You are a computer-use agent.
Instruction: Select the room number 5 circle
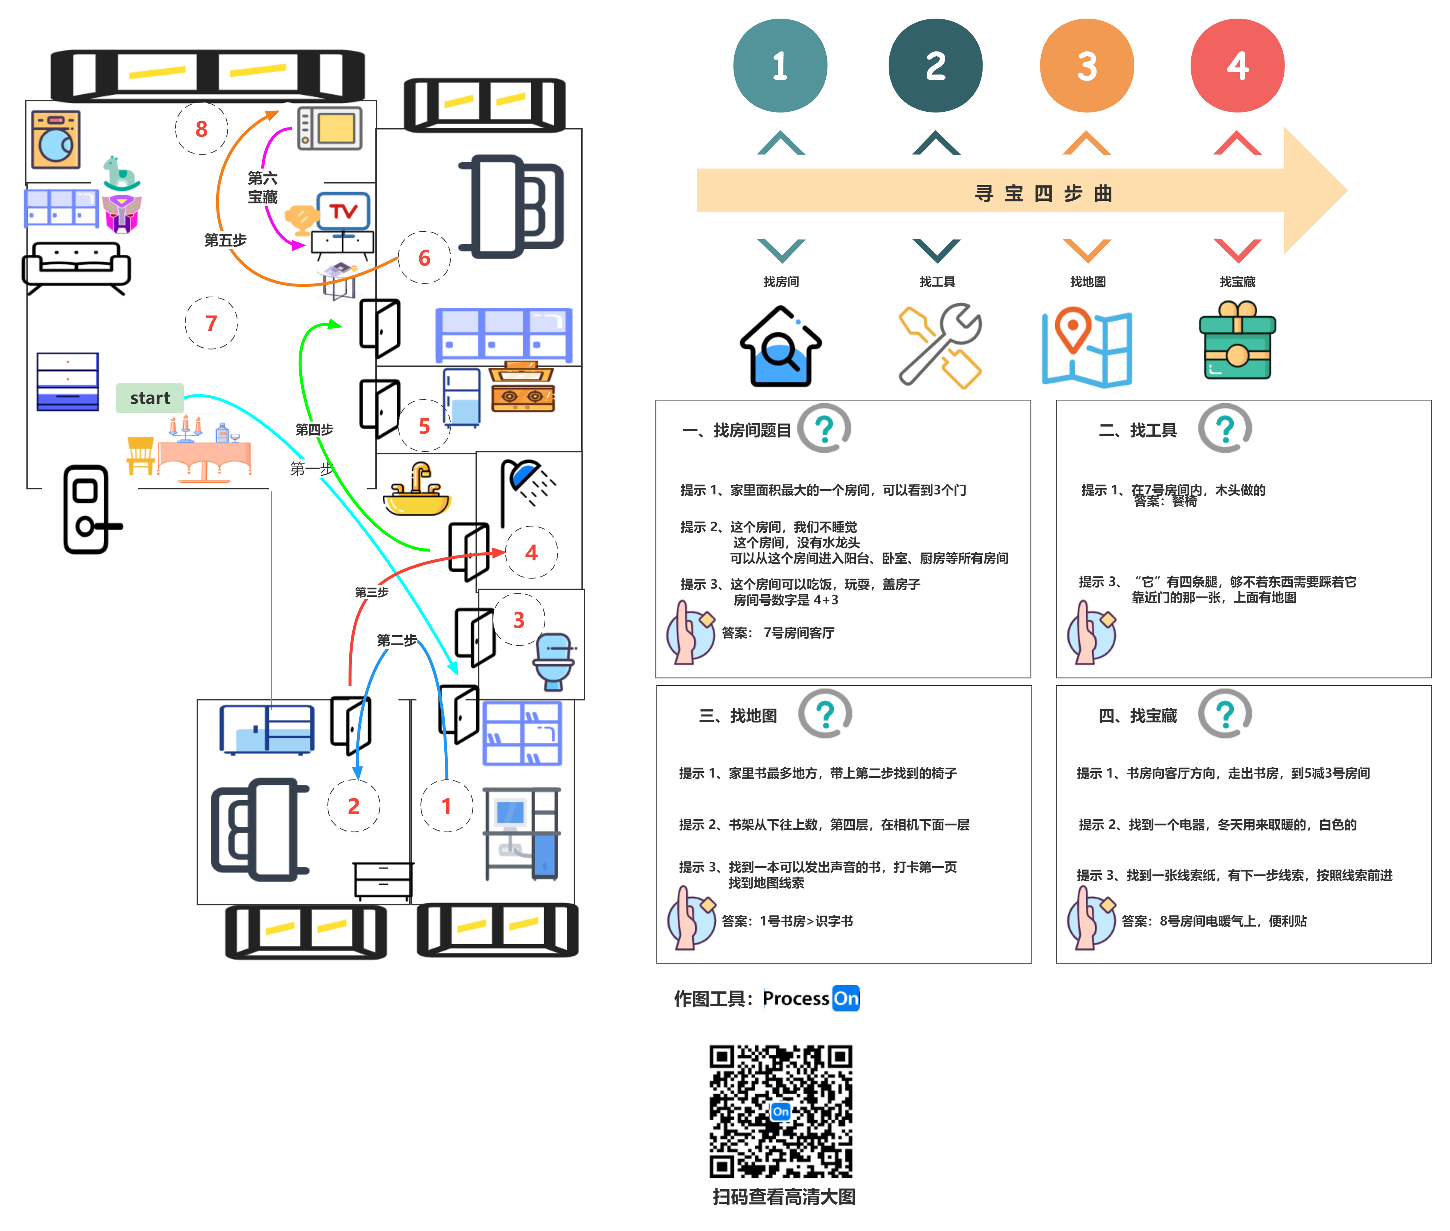(x=424, y=426)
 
